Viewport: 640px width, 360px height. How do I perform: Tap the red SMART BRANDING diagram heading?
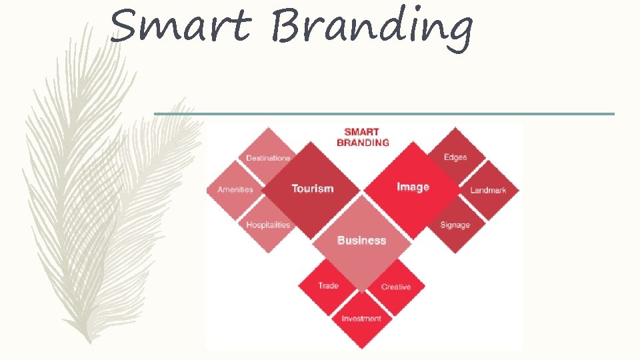tap(363, 137)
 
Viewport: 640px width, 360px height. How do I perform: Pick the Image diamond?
tap(413, 191)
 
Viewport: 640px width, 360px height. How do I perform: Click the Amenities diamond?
tap(234, 189)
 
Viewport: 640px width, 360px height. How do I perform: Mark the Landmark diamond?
tap(489, 190)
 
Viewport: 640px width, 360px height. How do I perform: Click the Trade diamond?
tap(328, 286)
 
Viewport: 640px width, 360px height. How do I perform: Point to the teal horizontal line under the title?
tap(384, 114)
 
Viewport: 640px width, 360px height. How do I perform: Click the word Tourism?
tap(312, 189)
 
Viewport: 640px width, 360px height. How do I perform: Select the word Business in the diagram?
tap(362, 240)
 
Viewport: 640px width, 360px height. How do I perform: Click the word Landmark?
tap(489, 190)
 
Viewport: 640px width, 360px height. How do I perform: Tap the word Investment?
tap(362, 319)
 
